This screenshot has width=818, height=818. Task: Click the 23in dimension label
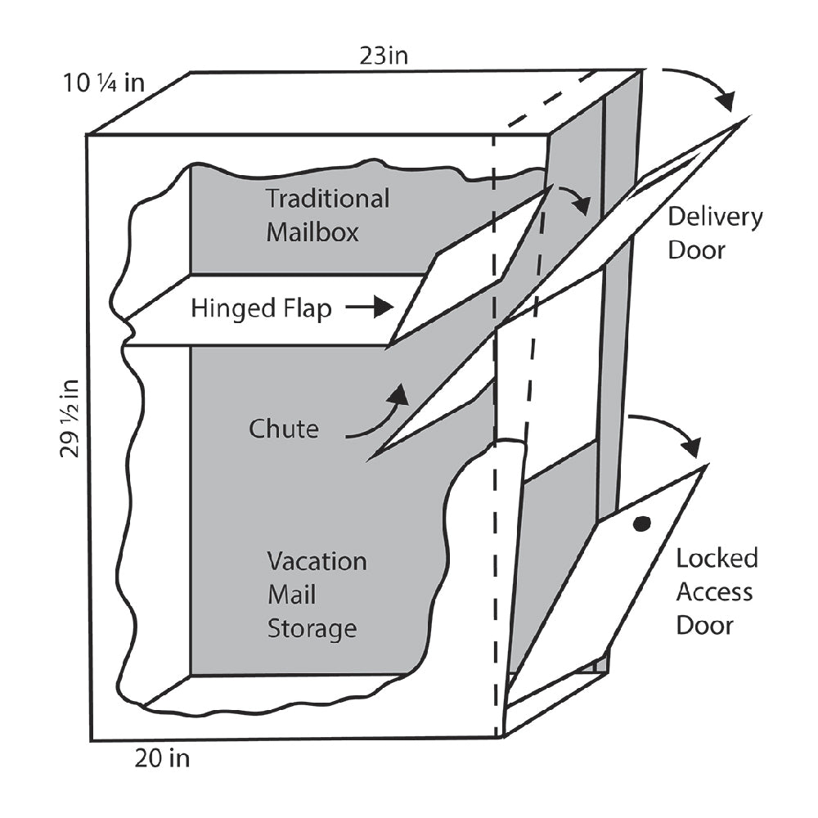[384, 57]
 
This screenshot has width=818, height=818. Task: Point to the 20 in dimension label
[161, 759]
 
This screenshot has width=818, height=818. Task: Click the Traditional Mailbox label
[327, 215]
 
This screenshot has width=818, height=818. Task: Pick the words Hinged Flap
[261, 309]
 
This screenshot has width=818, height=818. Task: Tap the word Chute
[284, 429]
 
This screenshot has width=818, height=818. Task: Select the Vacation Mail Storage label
[316, 595]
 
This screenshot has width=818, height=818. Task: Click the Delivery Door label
[714, 232]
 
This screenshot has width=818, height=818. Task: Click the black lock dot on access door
[642, 524]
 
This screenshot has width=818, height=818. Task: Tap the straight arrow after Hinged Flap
[369, 308]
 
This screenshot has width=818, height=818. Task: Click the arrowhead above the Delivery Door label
[725, 99]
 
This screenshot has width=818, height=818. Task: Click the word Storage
[312, 628]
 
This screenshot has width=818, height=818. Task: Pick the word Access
[714, 592]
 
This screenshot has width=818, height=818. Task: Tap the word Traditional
[327, 199]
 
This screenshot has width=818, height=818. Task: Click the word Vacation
[317, 561]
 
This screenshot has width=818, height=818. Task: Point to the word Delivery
[715, 217]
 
